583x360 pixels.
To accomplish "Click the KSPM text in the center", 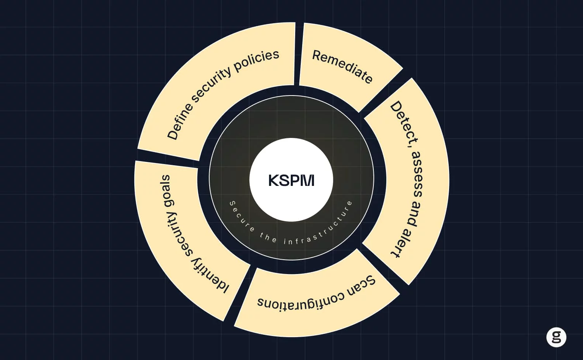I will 291,180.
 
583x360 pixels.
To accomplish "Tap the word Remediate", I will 342,66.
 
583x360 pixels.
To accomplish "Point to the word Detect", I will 404,123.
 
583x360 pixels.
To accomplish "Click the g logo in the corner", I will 556,337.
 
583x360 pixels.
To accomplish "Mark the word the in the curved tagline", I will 268,238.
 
